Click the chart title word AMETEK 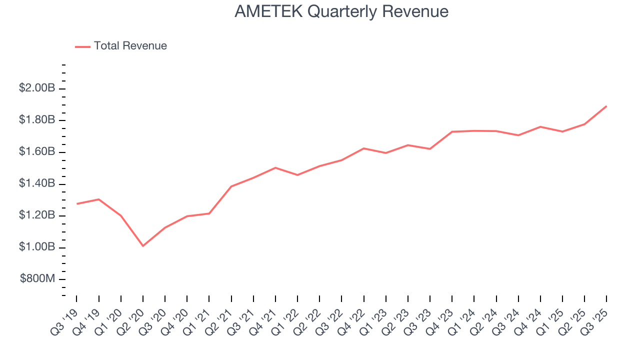tap(268, 11)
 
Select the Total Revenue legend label tap(130, 46)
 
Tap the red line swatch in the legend tap(82, 46)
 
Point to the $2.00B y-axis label tap(37, 88)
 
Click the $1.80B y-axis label tap(37, 120)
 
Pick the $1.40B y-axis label tap(37, 183)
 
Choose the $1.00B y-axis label tap(37, 247)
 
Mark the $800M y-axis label tap(37, 279)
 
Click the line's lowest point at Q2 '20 tap(143, 245)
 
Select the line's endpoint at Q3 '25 tap(606, 106)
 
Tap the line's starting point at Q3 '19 tap(76, 203)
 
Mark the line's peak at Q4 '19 tap(98, 199)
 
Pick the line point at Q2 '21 tap(231, 186)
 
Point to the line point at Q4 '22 tap(363, 148)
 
